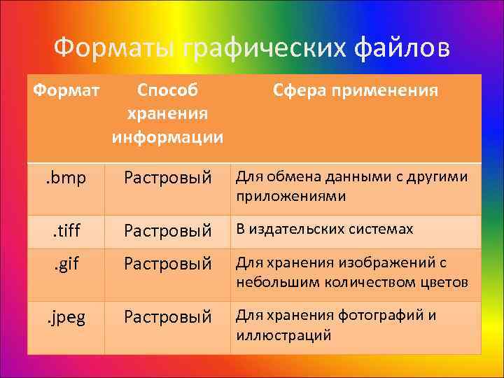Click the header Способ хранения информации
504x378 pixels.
pos(167,113)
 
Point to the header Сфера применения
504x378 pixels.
pos(356,91)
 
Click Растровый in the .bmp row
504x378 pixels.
pos(167,178)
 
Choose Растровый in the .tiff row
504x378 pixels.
pos(167,230)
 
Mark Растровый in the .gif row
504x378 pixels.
pos(167,264)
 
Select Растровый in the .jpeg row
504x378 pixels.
pos(167,317)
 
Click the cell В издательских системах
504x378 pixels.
pos(324,230)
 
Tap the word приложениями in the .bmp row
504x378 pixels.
pos(290,196)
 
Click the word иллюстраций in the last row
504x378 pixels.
pos(283,335)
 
